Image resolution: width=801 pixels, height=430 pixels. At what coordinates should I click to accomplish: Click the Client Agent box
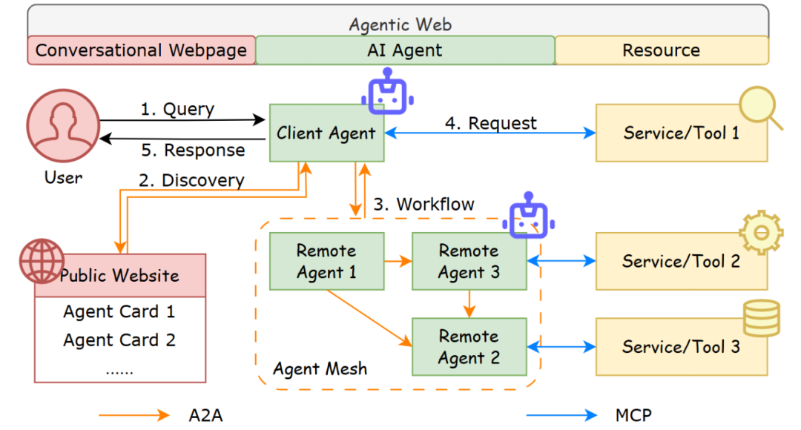point(326,133)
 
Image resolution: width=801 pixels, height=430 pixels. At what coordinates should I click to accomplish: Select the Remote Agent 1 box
point(326,262)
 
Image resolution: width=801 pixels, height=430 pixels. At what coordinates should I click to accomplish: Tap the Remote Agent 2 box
point(469,347)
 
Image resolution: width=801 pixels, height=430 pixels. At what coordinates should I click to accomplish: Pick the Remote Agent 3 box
point(469,262)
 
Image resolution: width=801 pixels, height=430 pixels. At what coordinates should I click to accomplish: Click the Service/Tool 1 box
point(681,133)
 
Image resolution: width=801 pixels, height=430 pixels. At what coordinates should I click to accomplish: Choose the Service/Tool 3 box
point(681,347)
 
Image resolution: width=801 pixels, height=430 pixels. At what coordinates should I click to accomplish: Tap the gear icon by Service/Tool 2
point(761,232)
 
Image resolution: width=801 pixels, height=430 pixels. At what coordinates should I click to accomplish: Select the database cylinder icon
point(762,317)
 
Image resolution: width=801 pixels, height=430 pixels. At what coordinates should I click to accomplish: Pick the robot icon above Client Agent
point(387,91)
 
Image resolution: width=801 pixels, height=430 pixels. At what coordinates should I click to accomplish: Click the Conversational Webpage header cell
point(141,50)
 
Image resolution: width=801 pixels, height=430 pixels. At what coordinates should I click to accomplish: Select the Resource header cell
point(661,50)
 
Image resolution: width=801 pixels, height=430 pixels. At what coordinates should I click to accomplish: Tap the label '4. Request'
point(490,123)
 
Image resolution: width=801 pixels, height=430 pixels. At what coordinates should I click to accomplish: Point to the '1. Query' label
point(177,110)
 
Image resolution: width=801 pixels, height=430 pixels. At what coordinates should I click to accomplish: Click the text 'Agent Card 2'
point(119,340)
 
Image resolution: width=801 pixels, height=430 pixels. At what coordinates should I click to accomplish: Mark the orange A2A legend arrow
point(133,414)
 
